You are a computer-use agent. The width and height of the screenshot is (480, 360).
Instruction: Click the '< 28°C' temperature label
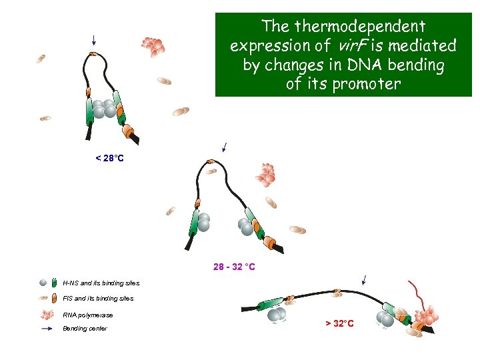[110, 158]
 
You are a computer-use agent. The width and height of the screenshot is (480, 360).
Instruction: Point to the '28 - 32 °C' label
[234, 267]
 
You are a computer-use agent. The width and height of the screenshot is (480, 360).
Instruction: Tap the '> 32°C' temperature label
[339, 323]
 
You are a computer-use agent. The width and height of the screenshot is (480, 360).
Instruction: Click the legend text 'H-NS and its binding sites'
[101, 283]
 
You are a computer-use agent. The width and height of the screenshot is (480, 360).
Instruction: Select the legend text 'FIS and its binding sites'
[98, 299]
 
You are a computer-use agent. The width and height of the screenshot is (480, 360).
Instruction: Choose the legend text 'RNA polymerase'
[88, 315]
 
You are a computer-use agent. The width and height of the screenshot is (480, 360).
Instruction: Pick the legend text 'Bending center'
[85, 329]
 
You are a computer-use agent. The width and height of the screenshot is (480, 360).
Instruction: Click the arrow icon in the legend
[47, 329]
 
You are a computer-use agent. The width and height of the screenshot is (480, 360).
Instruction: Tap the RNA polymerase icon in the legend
[47, 314]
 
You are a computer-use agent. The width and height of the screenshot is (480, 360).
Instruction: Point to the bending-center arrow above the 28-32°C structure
[225, 147]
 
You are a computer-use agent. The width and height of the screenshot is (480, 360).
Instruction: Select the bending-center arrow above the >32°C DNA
[363, 279]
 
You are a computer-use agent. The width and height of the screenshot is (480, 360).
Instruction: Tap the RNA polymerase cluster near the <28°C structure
[153, 45]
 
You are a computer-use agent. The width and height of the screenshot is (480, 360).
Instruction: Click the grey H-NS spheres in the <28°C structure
[104, 109]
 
